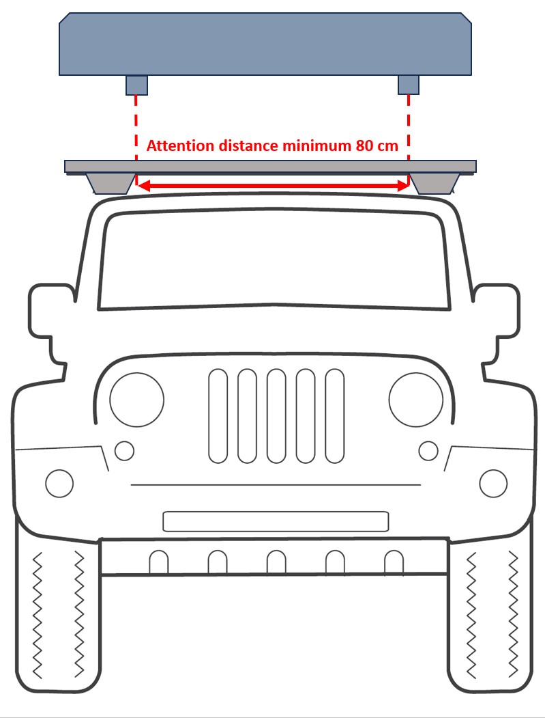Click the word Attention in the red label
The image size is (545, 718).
(180, 146)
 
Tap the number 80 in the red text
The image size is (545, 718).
(364, 146)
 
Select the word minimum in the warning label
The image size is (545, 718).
(317, 146)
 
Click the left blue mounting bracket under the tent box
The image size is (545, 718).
(136, 85)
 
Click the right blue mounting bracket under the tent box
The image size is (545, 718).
(409, 85)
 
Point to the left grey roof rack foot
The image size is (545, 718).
(111, 184)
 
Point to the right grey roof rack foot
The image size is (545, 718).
(434, 184)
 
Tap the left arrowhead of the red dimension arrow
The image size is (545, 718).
(143, 185)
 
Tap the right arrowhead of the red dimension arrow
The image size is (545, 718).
(402, 185)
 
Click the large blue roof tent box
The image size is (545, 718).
(265, 44)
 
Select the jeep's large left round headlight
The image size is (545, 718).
(136, 400)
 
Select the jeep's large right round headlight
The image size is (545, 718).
(416, 400)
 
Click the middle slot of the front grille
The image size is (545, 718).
(277, 416)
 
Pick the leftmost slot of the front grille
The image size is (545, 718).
(218, 416)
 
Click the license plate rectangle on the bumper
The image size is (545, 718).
(276, 521)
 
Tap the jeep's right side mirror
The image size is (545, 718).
(499, 320)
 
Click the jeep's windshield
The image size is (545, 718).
(274, 260)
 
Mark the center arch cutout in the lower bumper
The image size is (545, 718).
(277, 562)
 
